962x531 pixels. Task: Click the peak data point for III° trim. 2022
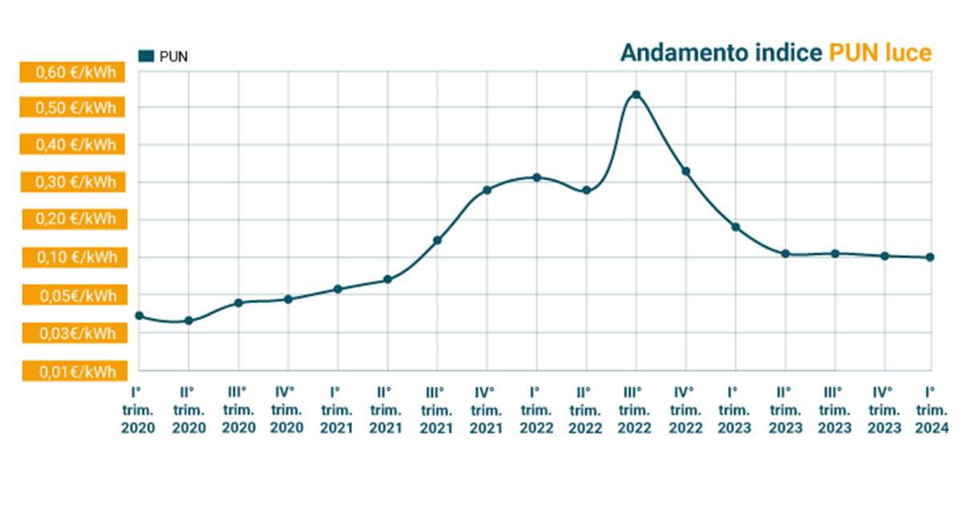[x=636, y=95]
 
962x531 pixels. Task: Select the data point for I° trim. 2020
[x=139, y=316]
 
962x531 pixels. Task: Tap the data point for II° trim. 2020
[x=188, y=321]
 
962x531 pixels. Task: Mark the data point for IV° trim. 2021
[x=487, y=190]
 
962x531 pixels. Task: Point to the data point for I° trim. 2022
[x=536, y=177]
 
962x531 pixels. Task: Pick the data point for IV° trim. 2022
[x=685, y=171]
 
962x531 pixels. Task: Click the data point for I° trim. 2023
[x=735, y=227]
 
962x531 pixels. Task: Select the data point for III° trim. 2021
[x=437, y=241]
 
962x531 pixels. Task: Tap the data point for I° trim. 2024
[x=930, y=257]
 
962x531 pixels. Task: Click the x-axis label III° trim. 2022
[x=636, y=410]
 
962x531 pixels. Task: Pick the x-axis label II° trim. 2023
[x=785, y=410]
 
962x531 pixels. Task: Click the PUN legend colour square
[x=146, y=55]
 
